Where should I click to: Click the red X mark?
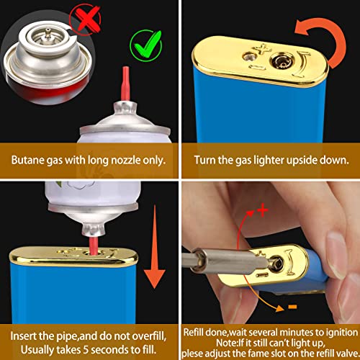click(x=87, y=19)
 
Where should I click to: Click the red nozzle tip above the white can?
click(x=125, y=84)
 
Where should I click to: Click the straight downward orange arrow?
click(x=155, y=247)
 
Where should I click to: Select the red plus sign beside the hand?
click(x=263, y=210)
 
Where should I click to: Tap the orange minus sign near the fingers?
click(x=292, y=307)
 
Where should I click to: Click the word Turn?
click(x=205, y=160)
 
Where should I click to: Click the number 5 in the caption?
click(x=86, y=350)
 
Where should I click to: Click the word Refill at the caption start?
click(x=194, y=333)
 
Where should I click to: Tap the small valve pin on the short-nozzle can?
click(x=48, y=32)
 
